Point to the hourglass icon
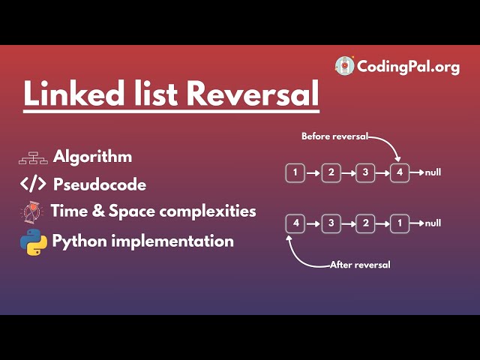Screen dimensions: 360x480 pyautogui.click(x=31, y=211)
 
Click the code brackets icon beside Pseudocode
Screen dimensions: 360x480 pyautogui.click(x=33, y=184)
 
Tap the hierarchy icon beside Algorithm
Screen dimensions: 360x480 pyautogui.click(x=33, y=157)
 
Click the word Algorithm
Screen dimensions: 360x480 pyautogui.click(x=92, y=157)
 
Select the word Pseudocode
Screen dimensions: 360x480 pyautogui.click(x=100, y=184)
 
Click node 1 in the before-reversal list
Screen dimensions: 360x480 pyautogui.click(x=296, y=173)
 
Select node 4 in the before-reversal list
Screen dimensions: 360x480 pyautogui.click(x=400, y=173)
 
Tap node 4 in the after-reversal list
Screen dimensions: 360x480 pyautogui.click(x=296, y=223)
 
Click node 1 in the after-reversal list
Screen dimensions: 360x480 pyautogui.click(x=400, y=223)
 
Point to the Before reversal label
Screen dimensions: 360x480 pyautogui.click(x=334, y=136)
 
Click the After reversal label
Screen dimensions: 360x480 pyautogui.click(x=361, y=265)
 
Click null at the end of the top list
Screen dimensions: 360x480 pyautogui.click(x=433, y=173)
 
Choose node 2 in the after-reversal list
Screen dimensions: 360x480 pyautogui.click(x=366, y=223)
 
